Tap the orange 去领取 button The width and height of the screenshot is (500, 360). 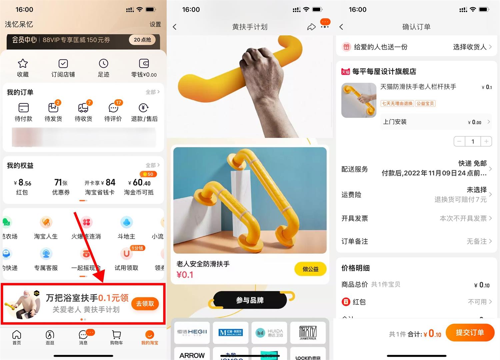click(145, 303)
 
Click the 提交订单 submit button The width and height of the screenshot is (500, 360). click(470, 332)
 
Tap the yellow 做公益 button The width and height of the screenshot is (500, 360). click(310, 269)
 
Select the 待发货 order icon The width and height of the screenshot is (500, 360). click(53, 108)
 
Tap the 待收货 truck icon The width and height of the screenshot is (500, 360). click(83, 108)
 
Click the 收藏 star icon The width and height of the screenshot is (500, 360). click(23, 64)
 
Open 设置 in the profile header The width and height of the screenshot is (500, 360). click(155, 24)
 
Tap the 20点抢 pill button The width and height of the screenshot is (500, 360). click(142, 40)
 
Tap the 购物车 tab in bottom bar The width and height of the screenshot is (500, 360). click(116, 337)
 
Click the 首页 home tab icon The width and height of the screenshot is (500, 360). click(17, 335)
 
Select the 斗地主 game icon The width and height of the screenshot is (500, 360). click(126, 222)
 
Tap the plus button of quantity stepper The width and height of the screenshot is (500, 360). click(486, 142)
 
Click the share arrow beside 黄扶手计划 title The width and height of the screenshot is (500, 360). click(311, 27)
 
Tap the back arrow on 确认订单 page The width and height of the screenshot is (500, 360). click(341, 27)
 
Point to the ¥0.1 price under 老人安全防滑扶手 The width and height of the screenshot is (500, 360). click(185, 275)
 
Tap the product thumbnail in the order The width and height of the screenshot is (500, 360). click(359, 100)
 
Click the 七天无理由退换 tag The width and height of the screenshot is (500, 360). click(397, 104)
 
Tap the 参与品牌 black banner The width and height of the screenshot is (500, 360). click(250, 300)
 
